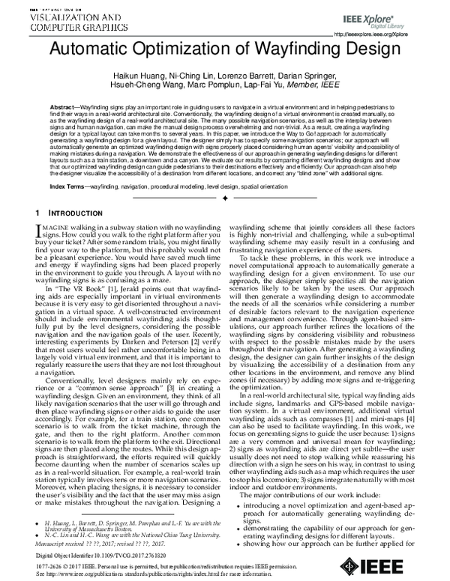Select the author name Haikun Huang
tap(132, 78)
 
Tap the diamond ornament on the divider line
tap(225, 198)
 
